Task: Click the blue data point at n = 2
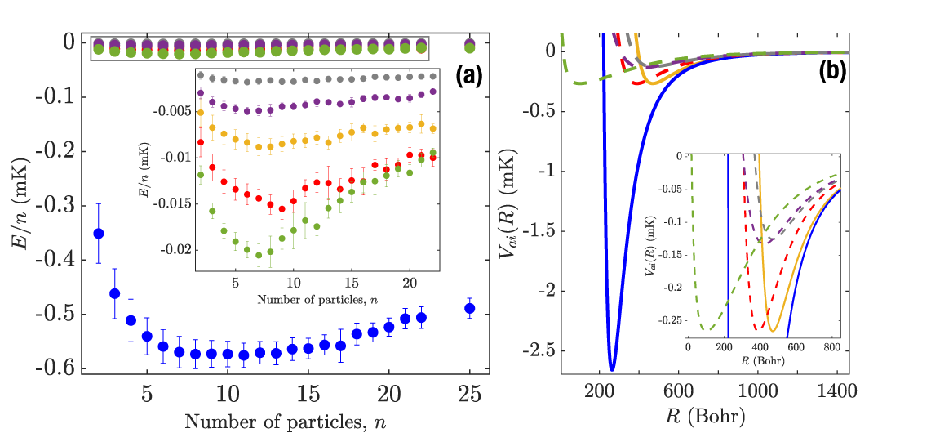99,233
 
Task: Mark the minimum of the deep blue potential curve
612,369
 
